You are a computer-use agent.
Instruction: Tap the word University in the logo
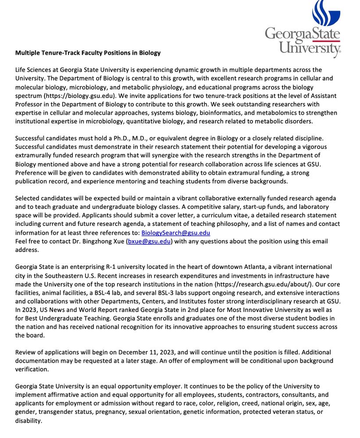(x=310, y=47)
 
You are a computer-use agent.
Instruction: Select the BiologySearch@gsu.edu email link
(x=175, y=233)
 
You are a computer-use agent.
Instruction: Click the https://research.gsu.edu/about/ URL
(x=258, y=284)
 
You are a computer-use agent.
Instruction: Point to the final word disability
(x=29, y=420)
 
